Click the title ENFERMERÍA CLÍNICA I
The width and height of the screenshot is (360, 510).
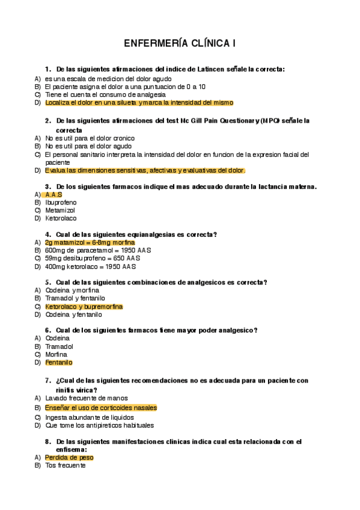[180, 44]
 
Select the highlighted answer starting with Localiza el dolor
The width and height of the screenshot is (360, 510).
[139, 103]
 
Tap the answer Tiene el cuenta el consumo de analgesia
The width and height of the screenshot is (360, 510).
[105, 94]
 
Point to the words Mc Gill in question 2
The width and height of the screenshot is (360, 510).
[194, 120]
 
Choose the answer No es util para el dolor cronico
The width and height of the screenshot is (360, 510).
[90, 138]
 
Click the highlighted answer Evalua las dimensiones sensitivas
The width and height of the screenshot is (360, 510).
[145, 170]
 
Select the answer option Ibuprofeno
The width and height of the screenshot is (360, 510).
[61, 203]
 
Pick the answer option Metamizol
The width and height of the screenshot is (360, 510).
[61, 210]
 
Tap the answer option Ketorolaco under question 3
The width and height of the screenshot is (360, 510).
[61, 218]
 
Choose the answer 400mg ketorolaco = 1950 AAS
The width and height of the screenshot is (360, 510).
[90, 266]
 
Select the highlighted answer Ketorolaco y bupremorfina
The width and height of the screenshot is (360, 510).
[84, 307]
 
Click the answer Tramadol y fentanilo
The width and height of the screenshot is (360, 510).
[75, 298]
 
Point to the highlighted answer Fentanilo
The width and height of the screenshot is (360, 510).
[59, 363]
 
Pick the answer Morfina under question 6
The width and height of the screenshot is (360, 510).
[56, 354]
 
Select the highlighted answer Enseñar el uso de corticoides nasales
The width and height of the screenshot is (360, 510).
[101, 408]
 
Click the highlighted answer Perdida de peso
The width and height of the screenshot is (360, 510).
[69, 458]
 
